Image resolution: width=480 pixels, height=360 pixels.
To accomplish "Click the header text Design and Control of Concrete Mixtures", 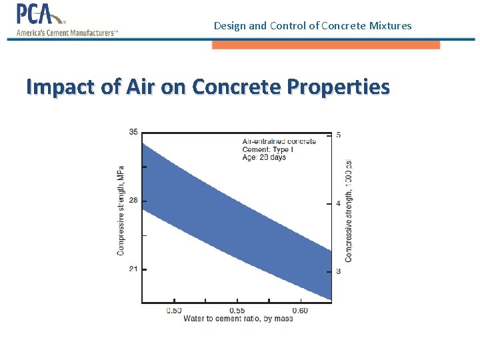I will [x=313, y=26].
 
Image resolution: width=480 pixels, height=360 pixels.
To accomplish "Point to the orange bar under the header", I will [x=326, y=45].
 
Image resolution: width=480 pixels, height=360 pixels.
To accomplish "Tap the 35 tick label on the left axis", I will [x=133, y=132].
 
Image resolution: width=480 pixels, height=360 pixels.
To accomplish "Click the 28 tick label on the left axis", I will [x=133, y=201].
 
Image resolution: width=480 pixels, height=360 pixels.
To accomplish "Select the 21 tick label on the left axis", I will [x=133, y=269].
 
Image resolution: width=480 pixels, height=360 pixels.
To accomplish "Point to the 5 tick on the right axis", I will [x=339, y=135].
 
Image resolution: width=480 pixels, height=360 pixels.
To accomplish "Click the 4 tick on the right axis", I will [x=339, y=203].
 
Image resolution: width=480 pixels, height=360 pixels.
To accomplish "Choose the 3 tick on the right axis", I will [x=339, y=271].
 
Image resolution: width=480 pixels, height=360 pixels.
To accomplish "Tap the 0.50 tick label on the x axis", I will [x=173, y=311].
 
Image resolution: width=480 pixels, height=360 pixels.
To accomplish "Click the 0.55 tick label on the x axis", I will [x=237, y=311].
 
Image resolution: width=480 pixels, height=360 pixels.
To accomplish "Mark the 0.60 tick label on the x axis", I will [x=300, y=311].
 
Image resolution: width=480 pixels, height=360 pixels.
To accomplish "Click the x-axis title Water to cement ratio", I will [x=238, y=319].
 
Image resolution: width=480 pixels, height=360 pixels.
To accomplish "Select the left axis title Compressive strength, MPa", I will [x=121, y=210].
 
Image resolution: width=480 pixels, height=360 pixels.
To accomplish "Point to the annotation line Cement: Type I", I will [x=267, y=149].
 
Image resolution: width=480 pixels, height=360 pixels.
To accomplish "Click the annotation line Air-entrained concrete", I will [x=279, y=141].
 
